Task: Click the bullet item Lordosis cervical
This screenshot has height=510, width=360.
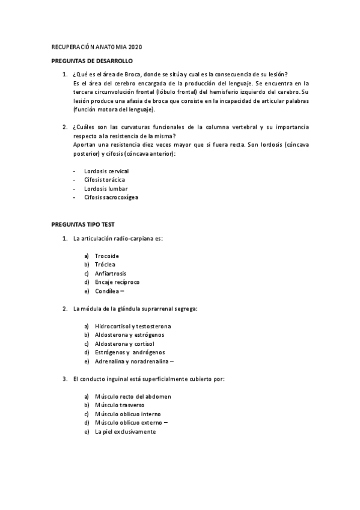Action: pos(106,171)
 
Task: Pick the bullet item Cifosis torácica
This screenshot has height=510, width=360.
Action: pos(105,180)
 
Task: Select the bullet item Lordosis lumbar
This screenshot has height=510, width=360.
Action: pos(106,189)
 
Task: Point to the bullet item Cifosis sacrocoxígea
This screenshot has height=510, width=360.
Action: pos(111,197)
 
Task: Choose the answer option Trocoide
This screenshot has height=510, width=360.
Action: pos(107,256)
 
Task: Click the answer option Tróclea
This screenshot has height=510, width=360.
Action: pos(105,265)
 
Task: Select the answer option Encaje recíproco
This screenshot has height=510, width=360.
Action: pos(117,282)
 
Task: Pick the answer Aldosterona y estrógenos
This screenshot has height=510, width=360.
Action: pos(129,335)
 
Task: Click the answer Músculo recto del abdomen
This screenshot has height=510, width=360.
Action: pos(133,396)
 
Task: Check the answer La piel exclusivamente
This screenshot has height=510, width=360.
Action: pos(125,432)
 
